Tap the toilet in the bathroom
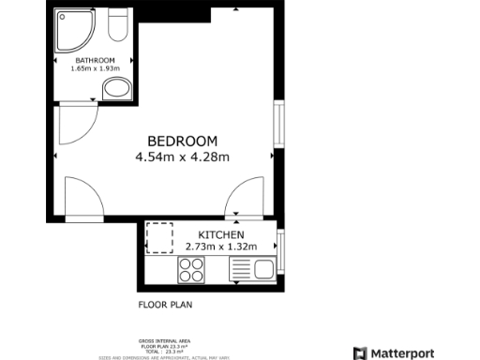coord(118,26)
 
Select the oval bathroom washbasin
coord(116,89)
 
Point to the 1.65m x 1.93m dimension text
coord(96,68)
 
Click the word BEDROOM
coord(182,142)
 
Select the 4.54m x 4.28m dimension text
coord(182,157)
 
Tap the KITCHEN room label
coord(221,234)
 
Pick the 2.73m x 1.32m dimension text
coord(221,246)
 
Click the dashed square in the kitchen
coord(160,238)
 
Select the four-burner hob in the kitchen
coord(191,270)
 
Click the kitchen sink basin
coord(263,271)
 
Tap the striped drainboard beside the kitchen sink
coord(240,271)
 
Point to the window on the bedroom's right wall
coord(277,126)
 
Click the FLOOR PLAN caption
coord(165,305)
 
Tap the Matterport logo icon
coord(360,352)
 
